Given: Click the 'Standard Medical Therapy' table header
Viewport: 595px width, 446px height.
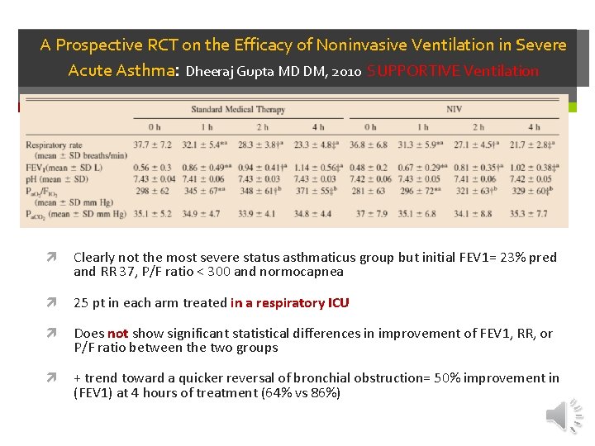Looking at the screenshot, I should click(x=238, y=109).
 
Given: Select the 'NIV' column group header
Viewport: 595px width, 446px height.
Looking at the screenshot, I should click(x=454, y=109).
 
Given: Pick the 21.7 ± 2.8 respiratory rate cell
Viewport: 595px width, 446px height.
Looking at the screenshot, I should click(x=534, y=145).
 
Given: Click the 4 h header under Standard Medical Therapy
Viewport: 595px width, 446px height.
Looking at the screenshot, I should click(x=319, y=127).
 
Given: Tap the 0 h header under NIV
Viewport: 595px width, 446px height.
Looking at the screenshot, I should click(x=369, y=127).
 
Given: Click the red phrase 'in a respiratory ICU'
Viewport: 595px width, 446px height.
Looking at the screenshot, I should click(x=290, y=303).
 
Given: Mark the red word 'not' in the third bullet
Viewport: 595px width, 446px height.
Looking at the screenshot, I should click(x=117, y=334).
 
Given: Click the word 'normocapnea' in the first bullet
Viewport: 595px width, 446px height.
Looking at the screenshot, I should click(x=302, y=272).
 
